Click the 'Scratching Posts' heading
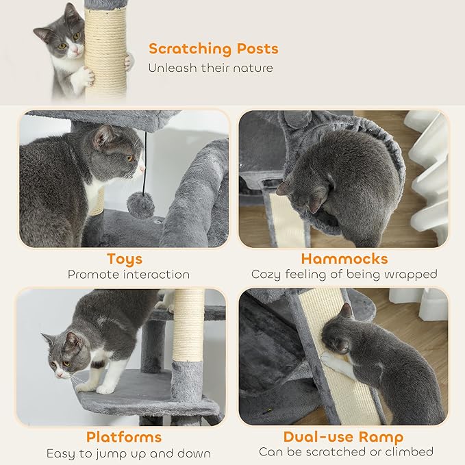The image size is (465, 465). pyautogui.click(x=213, y=49)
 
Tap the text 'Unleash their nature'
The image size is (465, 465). pyautogui.click(x=211, y=68)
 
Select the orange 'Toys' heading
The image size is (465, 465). pyautogui.click(x=125, y=259)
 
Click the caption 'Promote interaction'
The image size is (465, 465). pyautogui.click(x=129, y=274)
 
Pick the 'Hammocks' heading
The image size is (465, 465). pyautogui.click(x=344, y=259)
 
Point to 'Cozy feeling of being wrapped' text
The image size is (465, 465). pyautogui.click(x=344, y=274)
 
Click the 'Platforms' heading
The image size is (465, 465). pyautogui.click(x=124, y=437)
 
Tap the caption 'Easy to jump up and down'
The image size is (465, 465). pyautogui.click(x=129, y=453)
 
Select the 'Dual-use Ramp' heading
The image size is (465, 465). pyautogui.click(x=343, y=437)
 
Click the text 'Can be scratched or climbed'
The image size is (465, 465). pyautogui.click(x=346, y=452)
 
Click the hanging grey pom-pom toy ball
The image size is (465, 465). pyautogui.click(x=142, y=205)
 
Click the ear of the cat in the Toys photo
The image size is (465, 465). pyautogui.click(x=103, y=138)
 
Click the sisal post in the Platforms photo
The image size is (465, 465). pyautogui.click(x=188, y=329)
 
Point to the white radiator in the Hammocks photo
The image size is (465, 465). pyautogui.click(x=427, y=171)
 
